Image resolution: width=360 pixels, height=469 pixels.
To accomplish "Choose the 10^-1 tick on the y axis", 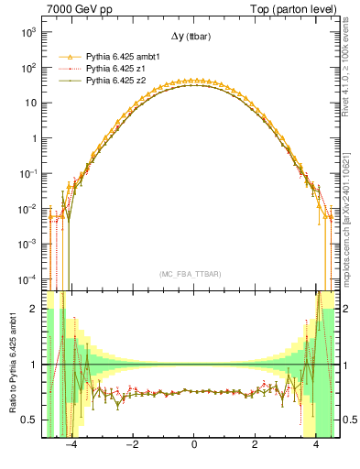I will [x=28, y=173].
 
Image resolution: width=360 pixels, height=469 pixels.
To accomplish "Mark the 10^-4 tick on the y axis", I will [x=28, y=278].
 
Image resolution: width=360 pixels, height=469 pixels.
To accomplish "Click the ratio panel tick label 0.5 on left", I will [x=32, y=420].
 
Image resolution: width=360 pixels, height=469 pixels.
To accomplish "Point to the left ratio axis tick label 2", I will [x=37, y=310].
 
